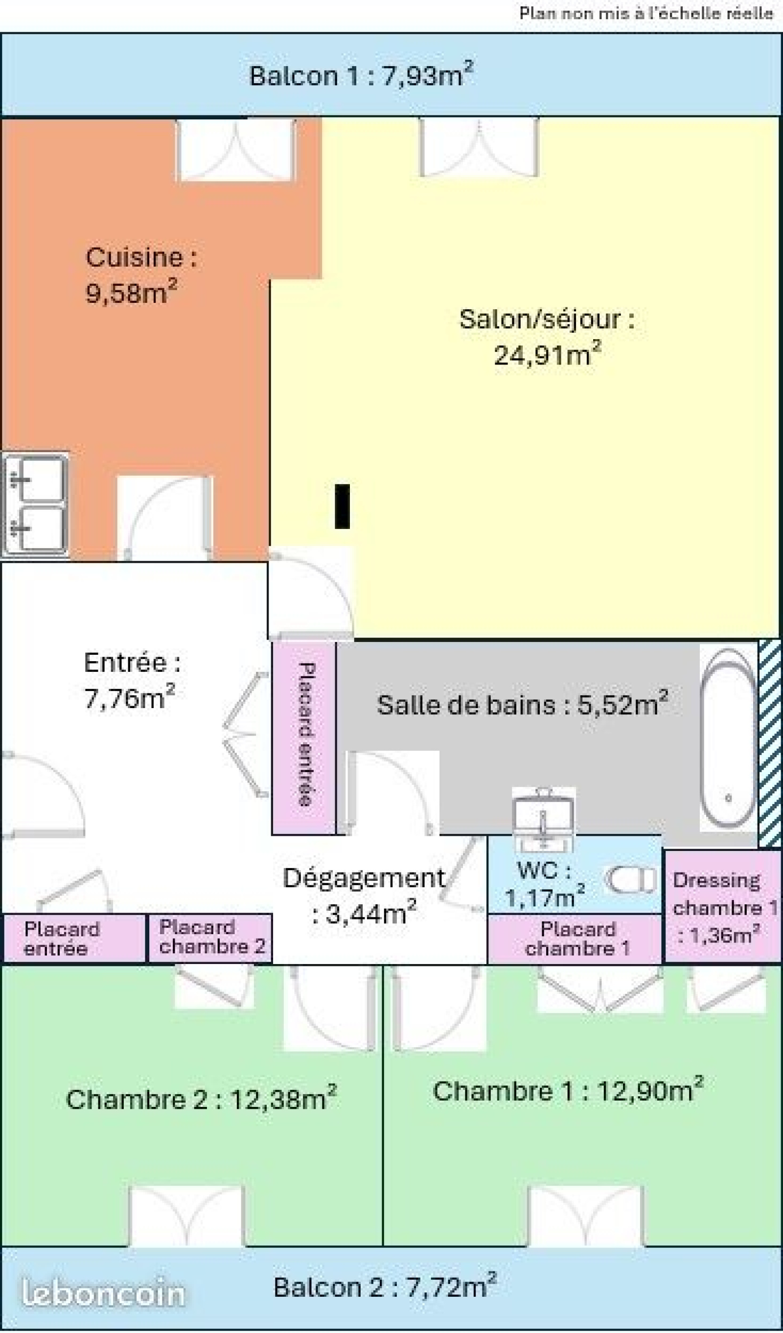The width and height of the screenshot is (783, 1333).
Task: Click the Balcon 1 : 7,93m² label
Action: coord(361,75)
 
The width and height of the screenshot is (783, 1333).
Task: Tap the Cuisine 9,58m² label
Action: coord(141,275)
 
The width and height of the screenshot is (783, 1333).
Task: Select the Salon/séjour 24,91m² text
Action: coord(547,337)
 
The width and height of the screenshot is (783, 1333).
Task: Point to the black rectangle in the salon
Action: coord(342,506)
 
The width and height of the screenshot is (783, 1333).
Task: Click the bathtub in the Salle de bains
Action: coord(729,738)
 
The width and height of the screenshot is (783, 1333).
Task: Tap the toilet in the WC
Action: coord(631,880)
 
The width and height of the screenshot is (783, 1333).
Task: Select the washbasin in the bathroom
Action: coord(543,819)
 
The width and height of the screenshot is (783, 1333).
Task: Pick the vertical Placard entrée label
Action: coord(306,735)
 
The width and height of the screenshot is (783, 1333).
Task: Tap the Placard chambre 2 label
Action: coord(211,937)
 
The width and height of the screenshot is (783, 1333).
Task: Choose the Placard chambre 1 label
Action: coord(578,939)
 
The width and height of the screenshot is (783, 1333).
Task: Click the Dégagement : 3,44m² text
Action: coord(365,895)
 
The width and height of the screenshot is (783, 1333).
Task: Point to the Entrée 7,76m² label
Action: coord(132,680)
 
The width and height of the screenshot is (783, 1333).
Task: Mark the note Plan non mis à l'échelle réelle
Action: coord(646,13)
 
